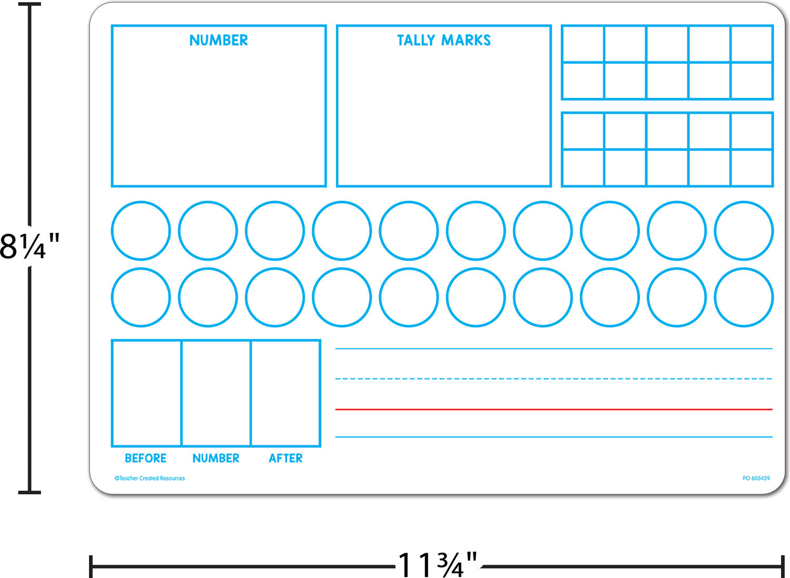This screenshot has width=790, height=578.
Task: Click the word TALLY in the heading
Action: pyautogui.click(x=416, y=40)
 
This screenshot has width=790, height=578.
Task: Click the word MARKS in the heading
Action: pyautogui.click(x=466, y=40)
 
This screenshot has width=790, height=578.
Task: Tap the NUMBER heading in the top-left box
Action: pyautogui.click(x=219, y=40)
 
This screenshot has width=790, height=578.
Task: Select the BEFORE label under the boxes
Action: pyautogui.click(x=146, y=458)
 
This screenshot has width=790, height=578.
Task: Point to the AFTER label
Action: pyautogui.click(x=285, y=458)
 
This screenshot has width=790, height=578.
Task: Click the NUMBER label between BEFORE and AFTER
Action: pyautogui.click(x=216, y=458)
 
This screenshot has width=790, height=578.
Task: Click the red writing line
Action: pyautogui.click(x=554, y=409)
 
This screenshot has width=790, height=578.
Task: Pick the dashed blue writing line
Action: pyautogui.click(x=554, y=379)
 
